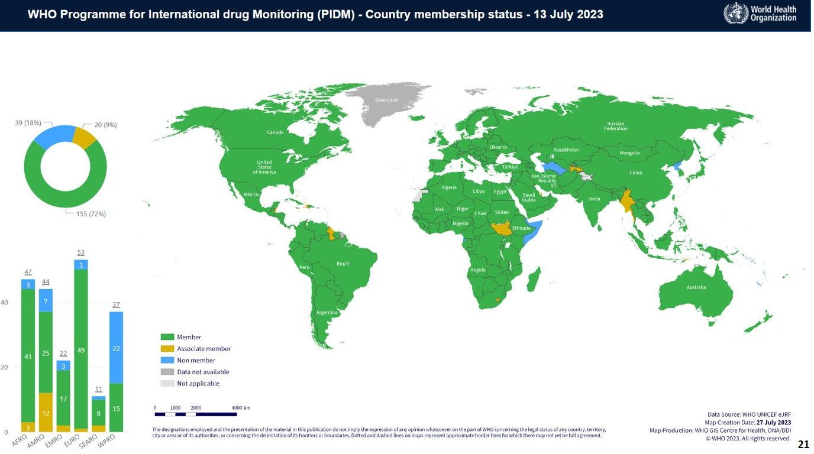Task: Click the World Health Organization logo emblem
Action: [x=735, y=14]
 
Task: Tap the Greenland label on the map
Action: [x=386, y=100]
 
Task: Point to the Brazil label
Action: [x=343, y=263]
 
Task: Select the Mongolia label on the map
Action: [x=629, y=153]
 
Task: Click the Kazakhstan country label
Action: [x=566, y=150]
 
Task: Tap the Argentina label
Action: [x=327, y=312]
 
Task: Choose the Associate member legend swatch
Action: [x=167, y=349]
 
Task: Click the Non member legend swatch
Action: [x=167, y=360]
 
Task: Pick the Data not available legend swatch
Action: [x=167, y=372]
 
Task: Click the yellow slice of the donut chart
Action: [x=85, y=137]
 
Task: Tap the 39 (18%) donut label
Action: [x=28, y=123]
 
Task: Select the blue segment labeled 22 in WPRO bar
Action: [x=117, y=348]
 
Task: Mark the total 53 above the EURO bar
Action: [x=81, y=252]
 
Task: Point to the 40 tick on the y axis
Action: [x=4, y=303]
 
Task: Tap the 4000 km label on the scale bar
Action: [x=241, y=408]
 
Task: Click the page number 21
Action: [x=803, y=444]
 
